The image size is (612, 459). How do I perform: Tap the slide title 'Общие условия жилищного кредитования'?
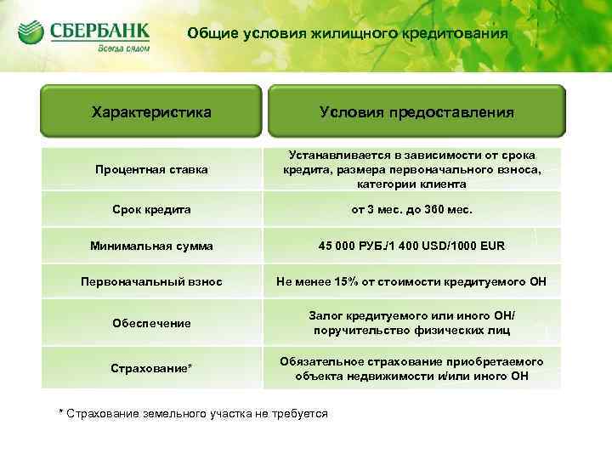coord(348,34)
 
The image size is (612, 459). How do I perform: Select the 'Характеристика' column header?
coord(151,111)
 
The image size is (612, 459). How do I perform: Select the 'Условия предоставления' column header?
coord(416,111)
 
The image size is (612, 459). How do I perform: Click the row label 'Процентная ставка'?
coord(151,170)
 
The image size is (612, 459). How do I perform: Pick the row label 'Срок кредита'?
coord(151,208)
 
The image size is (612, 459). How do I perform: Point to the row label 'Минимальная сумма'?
coord(151,246)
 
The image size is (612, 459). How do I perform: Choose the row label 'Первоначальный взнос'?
coord(151,281)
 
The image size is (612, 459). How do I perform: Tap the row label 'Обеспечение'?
coord(151,323)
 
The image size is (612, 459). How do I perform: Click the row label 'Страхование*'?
coord(151,367)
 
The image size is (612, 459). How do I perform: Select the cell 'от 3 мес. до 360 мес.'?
coord(411,208)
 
